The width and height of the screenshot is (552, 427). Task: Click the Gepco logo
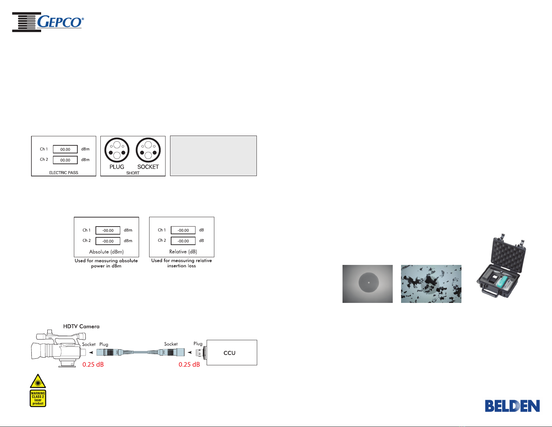point(48,22)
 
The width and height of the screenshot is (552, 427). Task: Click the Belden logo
point(512,406)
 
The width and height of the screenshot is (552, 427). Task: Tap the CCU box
point(232,352)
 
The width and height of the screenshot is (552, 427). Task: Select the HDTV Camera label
point(81,326)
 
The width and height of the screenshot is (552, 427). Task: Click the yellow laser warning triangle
point(38,381)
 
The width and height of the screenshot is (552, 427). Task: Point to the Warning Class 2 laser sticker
point(38,398)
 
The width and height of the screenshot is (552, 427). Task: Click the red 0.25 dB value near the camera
point(93,365)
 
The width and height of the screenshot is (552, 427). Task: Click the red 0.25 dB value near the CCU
point(189,365)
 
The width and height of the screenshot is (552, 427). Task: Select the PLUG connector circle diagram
point(117,150)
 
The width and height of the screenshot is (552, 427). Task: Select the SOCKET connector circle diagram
point(148,150)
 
